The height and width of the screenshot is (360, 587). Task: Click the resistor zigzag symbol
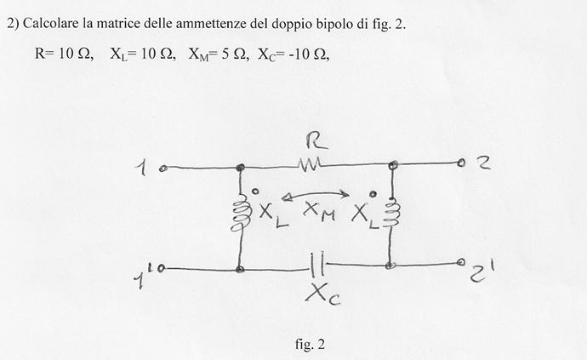[310, 165]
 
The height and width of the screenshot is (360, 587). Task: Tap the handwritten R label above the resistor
[316, 142]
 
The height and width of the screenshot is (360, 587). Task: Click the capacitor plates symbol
[317, 265]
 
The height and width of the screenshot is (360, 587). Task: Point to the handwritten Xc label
[322, 294]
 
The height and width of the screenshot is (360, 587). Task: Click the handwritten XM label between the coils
[319, 212]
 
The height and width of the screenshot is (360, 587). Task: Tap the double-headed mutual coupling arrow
[315, 195]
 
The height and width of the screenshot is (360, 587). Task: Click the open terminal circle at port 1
[162, 169]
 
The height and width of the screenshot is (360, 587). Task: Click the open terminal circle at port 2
[462, 163]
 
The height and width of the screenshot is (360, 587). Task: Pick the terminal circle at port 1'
[162, 268]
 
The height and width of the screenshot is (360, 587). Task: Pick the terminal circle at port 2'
[462, 262]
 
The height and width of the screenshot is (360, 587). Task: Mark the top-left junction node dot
[241, 168]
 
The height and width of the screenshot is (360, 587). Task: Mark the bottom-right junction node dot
[390, 266]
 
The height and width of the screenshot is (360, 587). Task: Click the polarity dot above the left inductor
[255, 191]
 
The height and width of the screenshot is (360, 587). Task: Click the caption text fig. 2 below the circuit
[310, 344]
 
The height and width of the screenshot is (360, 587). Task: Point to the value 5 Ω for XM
[233, 54]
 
